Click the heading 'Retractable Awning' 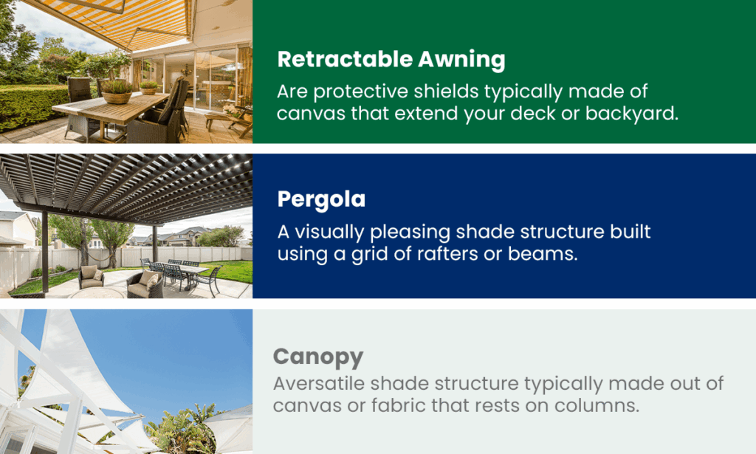point(391,59)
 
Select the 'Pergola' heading point(321,199)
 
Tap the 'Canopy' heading point(318,357)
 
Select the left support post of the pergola point(46,251)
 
